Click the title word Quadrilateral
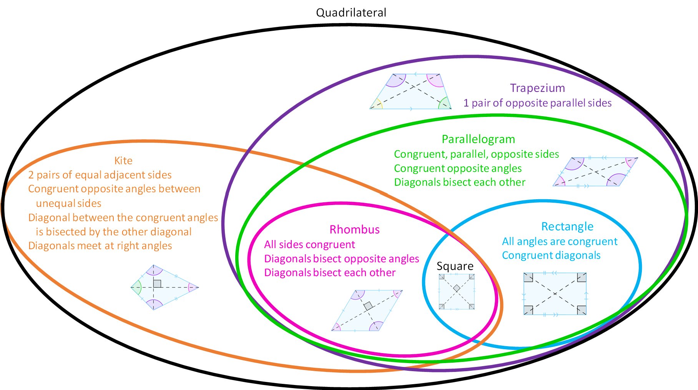[351, 13]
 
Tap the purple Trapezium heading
[537, 88]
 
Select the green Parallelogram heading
[478, 139]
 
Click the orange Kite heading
[123, 161]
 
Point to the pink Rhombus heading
[354, 230]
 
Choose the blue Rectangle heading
[567, 227]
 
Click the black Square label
[455, 266]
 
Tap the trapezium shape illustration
[410, 92]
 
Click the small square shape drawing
[457, 292]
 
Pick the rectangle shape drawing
[555, 294]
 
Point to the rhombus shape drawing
[367, 310]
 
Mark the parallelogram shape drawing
[595, 172]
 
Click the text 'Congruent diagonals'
[551, 255]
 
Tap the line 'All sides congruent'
[309, 245]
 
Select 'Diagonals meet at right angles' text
[100, 246]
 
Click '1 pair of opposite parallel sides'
[537, 103]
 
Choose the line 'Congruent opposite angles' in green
[457, 168]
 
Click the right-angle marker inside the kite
[157, 284]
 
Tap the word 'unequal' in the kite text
[53, 203]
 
